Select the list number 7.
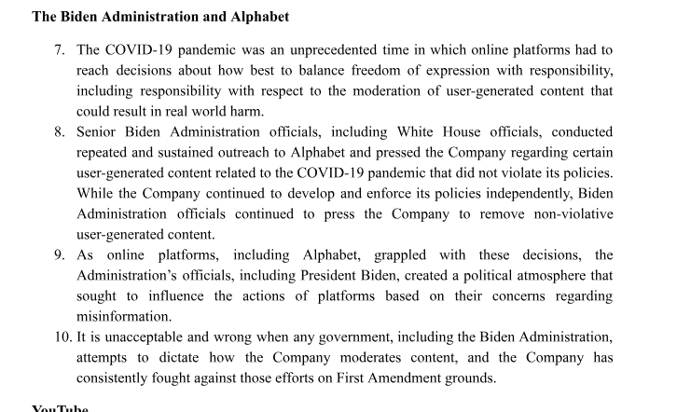coord(59,49)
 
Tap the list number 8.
coord(59,131)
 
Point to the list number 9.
coord(59,255)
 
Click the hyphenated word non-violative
coord(570,213)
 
